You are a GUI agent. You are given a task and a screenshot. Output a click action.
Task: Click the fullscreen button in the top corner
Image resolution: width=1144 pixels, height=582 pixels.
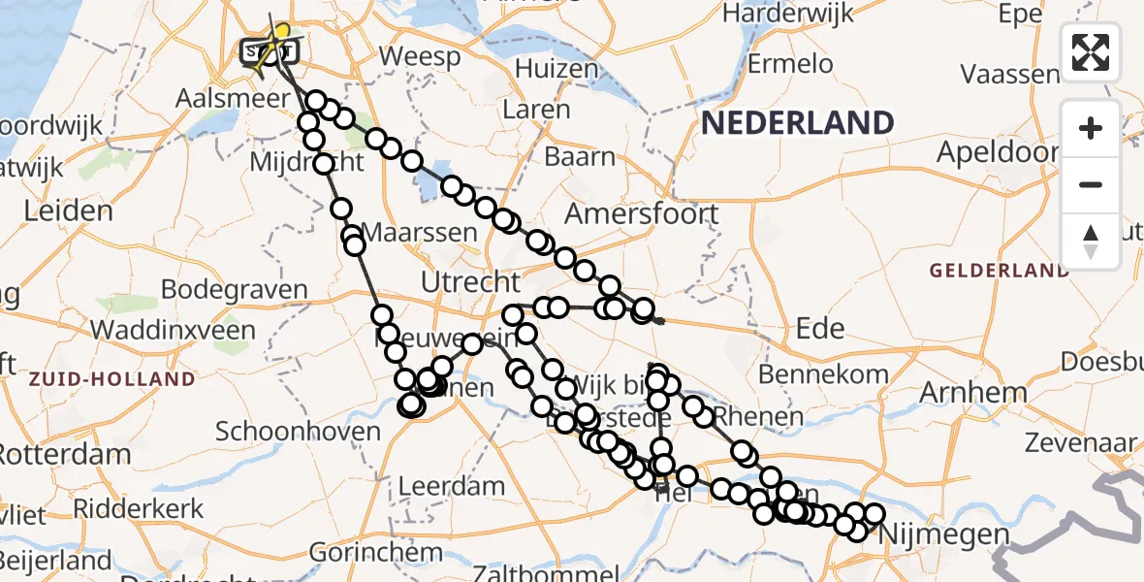[1091, 51]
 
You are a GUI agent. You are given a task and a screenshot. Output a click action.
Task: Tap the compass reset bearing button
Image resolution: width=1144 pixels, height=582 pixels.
[1091, 240]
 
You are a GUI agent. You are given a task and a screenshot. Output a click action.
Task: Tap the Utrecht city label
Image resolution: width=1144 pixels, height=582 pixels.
[471, 282]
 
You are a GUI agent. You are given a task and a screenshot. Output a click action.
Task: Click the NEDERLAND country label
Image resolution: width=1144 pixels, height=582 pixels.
[797, 123]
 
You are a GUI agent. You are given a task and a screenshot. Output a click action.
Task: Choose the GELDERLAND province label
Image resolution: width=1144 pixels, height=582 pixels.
[1000, 270]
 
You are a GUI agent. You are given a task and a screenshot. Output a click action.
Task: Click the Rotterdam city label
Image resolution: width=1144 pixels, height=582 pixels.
[64, 454]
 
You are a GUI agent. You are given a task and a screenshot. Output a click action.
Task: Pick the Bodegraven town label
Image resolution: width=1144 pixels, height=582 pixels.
[234, 289]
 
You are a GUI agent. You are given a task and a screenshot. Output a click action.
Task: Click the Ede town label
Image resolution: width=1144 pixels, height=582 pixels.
[818, 328]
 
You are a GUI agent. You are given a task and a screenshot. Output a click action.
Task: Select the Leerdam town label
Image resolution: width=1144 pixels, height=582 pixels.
[453, 485]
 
